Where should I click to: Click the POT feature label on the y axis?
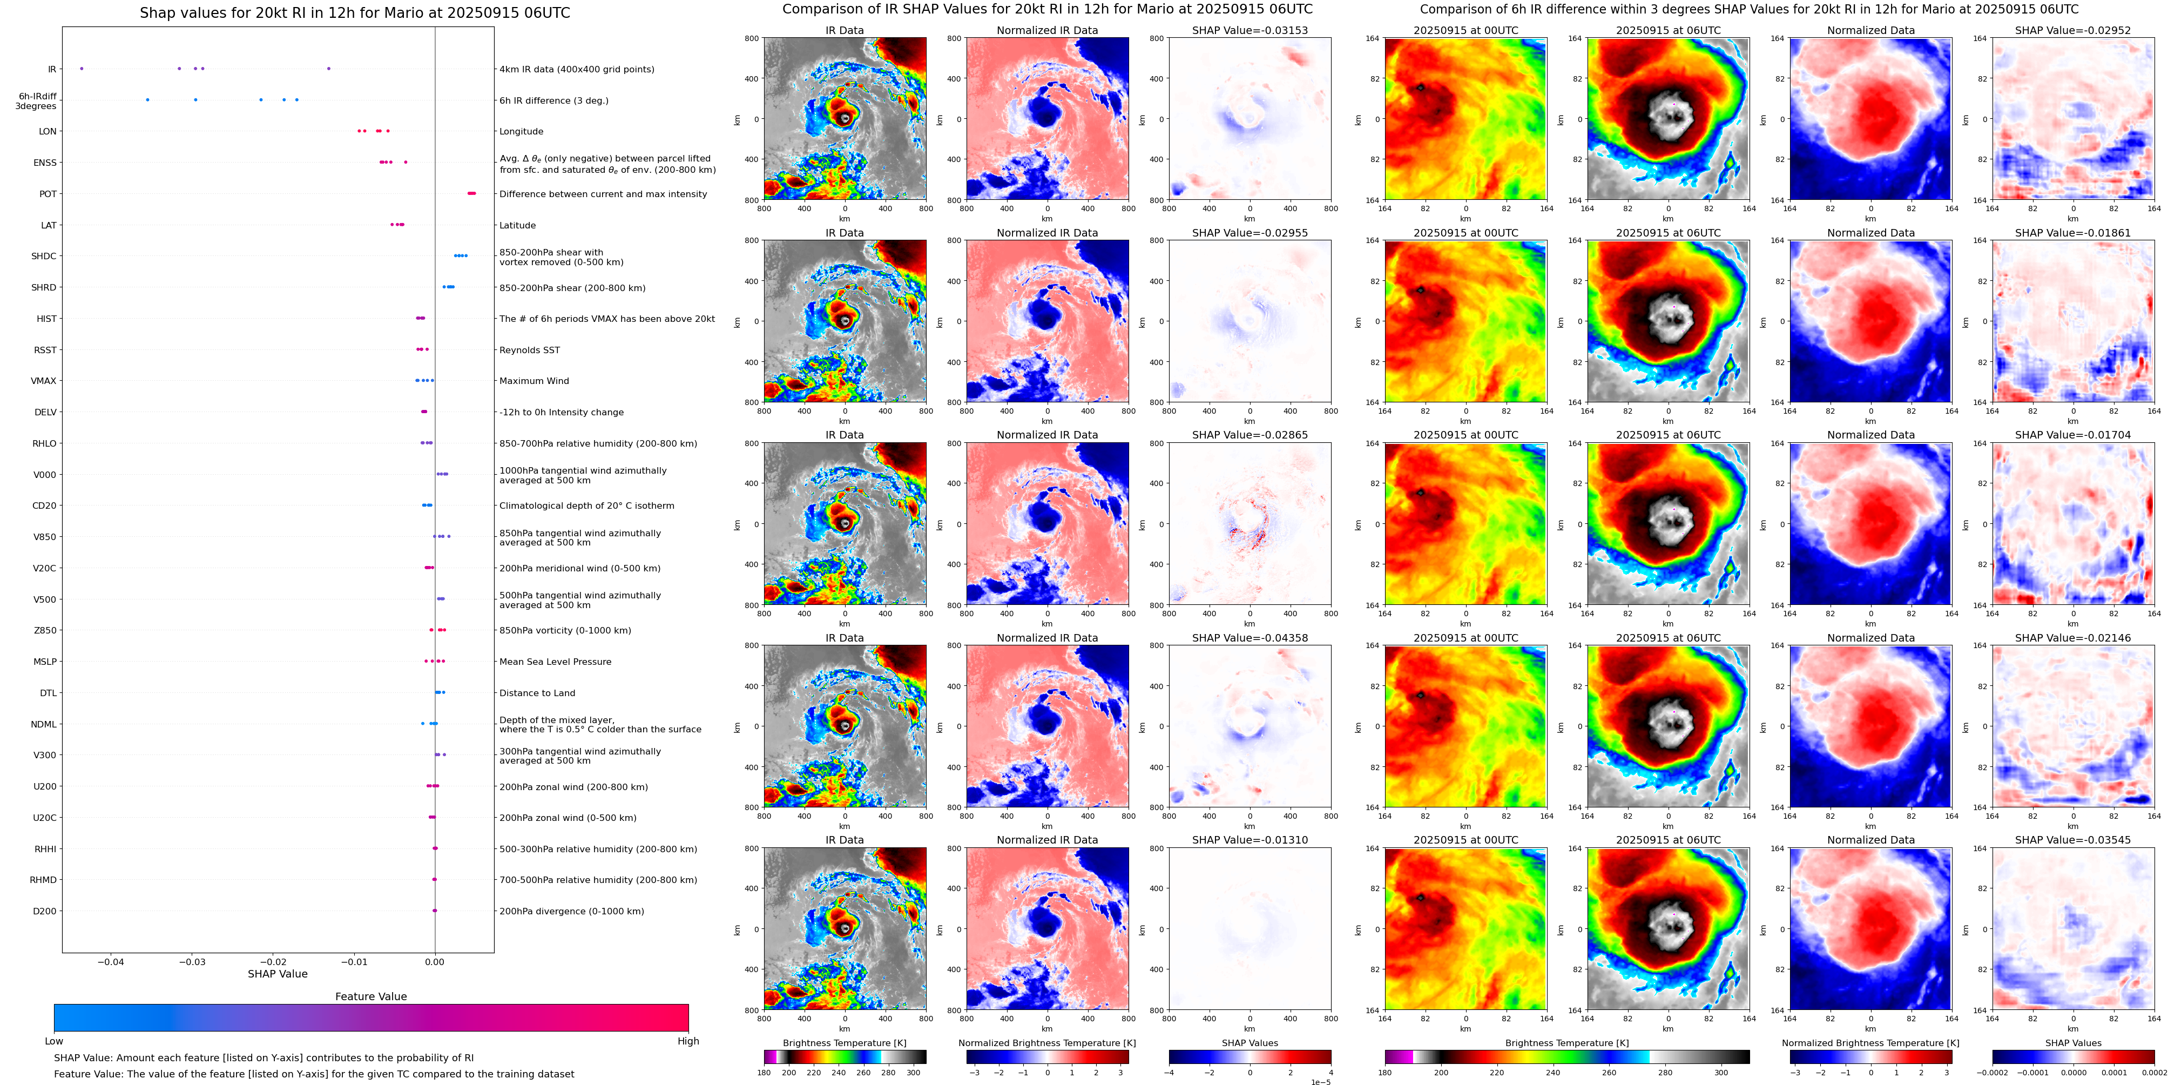48,193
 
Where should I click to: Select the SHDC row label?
44,256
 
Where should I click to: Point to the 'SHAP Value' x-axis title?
277,974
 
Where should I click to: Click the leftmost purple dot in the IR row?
81,68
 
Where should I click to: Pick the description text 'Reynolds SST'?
529,350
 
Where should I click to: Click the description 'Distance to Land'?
537,693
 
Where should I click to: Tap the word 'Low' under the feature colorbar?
54,1041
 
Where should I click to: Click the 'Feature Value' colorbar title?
370,996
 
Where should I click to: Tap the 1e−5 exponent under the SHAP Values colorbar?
1320,1082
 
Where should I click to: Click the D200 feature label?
45,911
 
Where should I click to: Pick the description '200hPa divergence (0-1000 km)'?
571,911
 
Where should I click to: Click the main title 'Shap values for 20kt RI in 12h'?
354,12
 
